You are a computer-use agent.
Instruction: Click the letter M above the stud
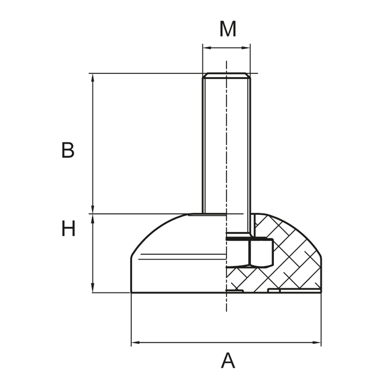point(228,29)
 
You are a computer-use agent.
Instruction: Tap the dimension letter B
point(67,151)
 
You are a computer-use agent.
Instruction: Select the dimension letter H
point(68,229)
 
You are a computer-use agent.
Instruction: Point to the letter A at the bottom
point(228,361)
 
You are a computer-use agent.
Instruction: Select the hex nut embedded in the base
point(261,252)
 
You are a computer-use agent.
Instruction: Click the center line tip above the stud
point(227,63)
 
